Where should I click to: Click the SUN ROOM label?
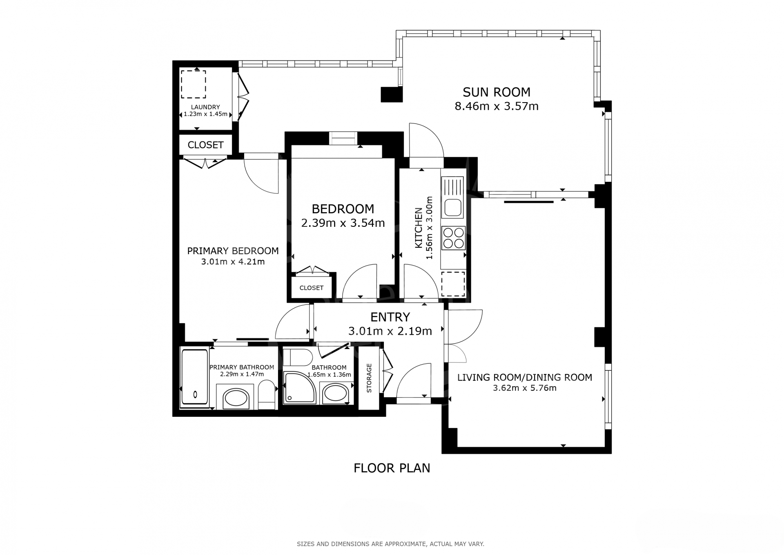click(496, 92)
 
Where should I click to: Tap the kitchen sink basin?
click(453, 208)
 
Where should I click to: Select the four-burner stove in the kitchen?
click(454, 238)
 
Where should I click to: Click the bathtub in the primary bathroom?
click(194, 378)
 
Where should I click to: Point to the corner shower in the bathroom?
click(300, 387)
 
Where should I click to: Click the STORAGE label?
click(369, 378)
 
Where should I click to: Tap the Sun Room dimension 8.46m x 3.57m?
click(497, 106)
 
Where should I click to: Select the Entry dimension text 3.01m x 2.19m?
click(390, 331)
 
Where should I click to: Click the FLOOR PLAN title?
click(392, 468)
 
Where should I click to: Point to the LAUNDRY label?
click(205, 107)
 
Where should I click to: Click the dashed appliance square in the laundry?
click(194, 84)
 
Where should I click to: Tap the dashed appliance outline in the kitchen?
click(453, 284)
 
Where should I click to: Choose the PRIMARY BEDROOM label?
click(233, 251)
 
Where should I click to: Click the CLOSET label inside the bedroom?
click(312, 288)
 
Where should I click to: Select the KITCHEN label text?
click(419, 228)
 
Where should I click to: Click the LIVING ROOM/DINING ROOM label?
click(525, 378)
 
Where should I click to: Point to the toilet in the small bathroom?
click(298, 358)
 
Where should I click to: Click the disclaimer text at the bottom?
click(390, 544)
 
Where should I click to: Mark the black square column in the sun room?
click(392, 94)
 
